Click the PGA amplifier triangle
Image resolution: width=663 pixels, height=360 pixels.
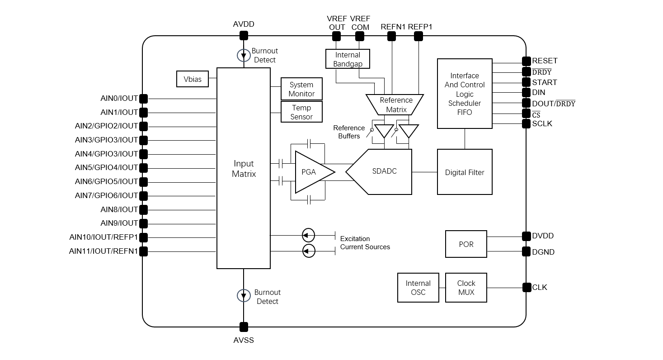coord(312,172)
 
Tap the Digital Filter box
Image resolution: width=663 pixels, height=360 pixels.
coord(465,172)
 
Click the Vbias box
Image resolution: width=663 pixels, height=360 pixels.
coord(193,79)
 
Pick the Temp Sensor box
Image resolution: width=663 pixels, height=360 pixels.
coord(301,112)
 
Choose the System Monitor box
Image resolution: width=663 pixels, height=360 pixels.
coord(301,89)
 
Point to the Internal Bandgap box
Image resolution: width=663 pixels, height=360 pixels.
coord(348,59)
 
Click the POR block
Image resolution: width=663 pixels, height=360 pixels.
coord(466,244)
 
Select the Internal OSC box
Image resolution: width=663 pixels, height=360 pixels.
coord(418,288)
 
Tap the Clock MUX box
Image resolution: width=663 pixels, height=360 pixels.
coord(466,288)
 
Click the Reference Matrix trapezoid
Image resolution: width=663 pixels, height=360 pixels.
coord(395,104)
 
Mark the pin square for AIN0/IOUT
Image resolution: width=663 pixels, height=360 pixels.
coord(144,98)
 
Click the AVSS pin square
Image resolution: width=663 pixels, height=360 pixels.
coord(244,327)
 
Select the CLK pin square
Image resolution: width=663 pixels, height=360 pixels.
coord(527,287)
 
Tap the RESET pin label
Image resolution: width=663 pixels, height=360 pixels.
coord(545,61)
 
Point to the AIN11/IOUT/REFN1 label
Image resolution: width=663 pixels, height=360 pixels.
coord(103,251)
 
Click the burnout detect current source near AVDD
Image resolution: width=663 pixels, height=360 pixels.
coord(244,55)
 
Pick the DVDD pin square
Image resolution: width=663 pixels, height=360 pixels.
coord(527,236)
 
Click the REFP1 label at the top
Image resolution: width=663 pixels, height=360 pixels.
coord(420,27)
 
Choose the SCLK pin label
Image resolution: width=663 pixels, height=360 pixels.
coord(542,123)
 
